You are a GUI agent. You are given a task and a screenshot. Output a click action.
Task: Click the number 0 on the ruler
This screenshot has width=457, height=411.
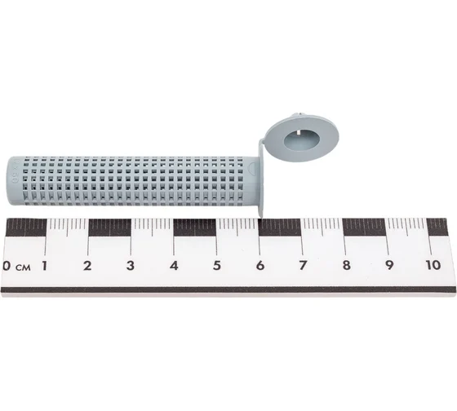7,266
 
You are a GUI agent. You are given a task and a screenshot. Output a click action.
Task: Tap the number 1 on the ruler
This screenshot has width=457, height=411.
45,266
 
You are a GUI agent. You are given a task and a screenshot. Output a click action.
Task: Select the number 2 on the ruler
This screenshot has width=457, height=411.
87,266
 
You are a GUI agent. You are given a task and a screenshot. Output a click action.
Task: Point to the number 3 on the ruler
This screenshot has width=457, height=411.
131,266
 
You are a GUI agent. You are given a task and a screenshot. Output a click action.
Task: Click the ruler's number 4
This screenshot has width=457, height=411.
174,266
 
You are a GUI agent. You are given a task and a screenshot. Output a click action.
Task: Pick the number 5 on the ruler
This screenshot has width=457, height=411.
217,265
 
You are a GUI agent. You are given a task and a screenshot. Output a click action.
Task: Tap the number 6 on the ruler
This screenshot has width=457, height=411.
260,265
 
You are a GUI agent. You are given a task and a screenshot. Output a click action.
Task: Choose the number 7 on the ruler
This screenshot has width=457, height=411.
303,265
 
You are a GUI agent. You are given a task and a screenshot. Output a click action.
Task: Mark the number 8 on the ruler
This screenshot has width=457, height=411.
347,265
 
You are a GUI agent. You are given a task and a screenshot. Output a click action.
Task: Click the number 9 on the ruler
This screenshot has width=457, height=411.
389,265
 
